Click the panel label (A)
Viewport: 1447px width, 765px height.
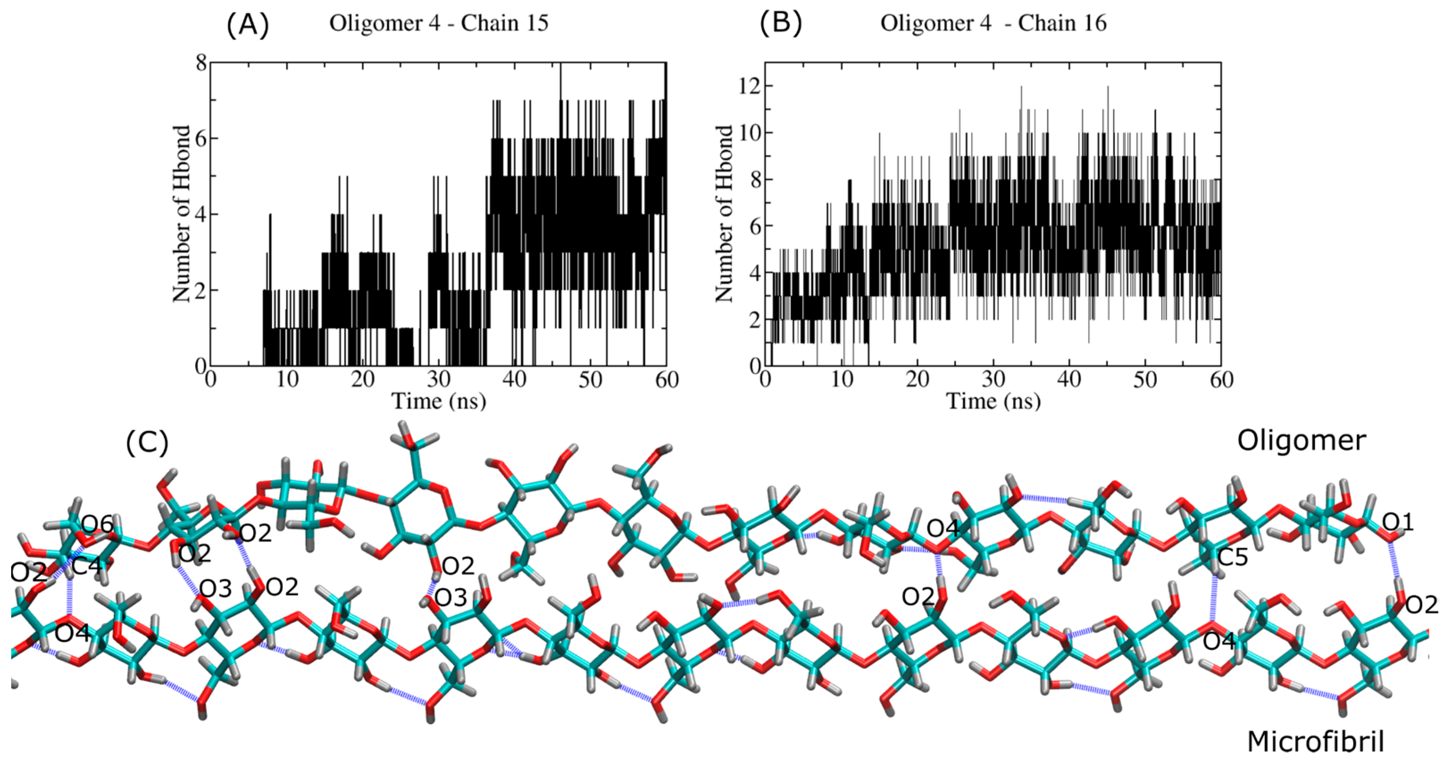pos(248,25)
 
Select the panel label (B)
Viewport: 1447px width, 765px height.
pos(781,24)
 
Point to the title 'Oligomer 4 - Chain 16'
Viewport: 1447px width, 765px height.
pos(993,24)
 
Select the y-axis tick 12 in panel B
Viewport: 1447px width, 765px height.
pos(749,86)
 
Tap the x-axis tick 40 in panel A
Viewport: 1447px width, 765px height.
pos(514,380)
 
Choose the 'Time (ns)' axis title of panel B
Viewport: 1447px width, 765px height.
pos(993,402)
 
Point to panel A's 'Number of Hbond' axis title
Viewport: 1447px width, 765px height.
pos(181,213)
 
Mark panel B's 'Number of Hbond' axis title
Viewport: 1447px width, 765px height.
pos(724,213)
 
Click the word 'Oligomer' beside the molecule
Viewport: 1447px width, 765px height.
pos(1301,441)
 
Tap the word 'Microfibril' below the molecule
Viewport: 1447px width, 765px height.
pos(1315,742)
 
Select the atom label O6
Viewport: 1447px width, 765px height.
pos(98,526)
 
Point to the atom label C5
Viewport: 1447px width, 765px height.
pos(1232,558)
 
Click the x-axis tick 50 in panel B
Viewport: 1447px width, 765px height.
pos(1145,380)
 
